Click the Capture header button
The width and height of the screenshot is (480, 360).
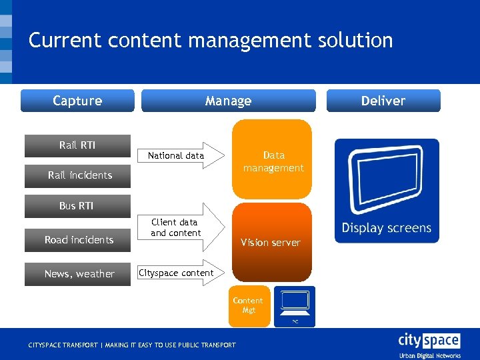pyautogui.click(x=77, y=101)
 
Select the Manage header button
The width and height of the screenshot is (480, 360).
pyautogui.click(x=228, y=101)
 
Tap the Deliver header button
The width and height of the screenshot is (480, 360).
pyautogui.click(x=383, y=101)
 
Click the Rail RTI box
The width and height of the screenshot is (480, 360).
pyautogui.click(x=77, y=145)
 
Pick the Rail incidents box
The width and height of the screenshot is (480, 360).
pyautogui.click(x=79, y=175)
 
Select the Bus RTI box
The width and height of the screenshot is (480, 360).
pyautogui.click(x=76, y=206)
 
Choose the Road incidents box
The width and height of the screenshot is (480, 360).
pyautogui.click(x=78, y=240)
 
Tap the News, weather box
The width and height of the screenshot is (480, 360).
pyautogui.click(x=78, y=274)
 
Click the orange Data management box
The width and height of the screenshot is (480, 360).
pyautogui.click(x=273, y=160)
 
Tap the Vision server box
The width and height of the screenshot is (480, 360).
pyautogui.click(x=271, y=243)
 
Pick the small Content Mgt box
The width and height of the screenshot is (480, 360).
pyautogui.click(x=249, y=306)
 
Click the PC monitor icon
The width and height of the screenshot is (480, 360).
pyautogui.click(x=294, y=305)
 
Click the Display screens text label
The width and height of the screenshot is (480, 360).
pyautogui.click(x=386, y=228)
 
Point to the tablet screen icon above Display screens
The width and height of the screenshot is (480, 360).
pyautogui.click(x=386, y=179)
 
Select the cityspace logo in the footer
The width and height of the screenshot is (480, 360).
pyautogui.click(x=429, y=344)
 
